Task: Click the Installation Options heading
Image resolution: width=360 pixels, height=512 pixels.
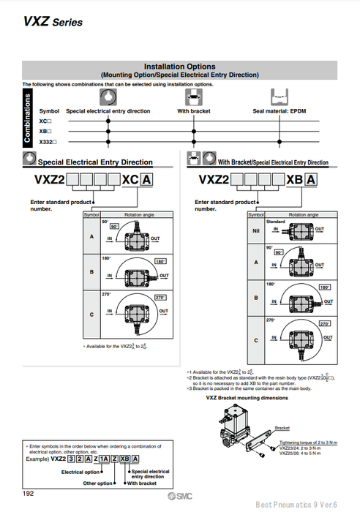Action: coord(179,66)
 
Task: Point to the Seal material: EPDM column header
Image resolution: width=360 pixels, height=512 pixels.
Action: coord(280,111)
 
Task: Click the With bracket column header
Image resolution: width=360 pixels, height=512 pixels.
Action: coord(194,111)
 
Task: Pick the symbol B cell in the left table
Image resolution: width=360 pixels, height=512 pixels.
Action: coord(91,271)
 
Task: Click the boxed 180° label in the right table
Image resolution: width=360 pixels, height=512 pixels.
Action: coord(326,288)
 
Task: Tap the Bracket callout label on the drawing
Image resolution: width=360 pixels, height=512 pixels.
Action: coord(282,428)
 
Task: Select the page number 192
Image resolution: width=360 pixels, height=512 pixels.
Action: coord(28,494)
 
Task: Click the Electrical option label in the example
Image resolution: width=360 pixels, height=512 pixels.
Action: coord(81,472)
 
